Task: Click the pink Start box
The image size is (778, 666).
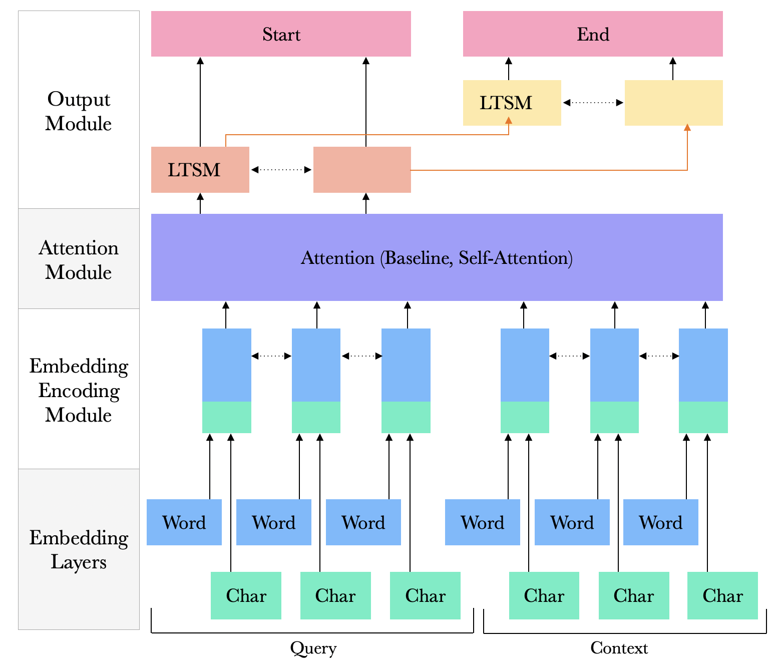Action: click(x=281, y=34)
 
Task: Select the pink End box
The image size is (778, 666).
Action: click(x=593, y=34)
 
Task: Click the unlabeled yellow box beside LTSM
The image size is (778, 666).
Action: click(x=673, y=103)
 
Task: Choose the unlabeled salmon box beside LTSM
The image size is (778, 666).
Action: click(x=362, y=170)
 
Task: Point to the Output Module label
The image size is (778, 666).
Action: click(x=79, y=111)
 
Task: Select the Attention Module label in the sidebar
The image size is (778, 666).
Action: click(x=79, y=260)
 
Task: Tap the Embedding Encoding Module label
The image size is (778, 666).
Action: click(x=79, y=390)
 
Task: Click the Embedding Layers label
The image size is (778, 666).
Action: click(x=79, y=549)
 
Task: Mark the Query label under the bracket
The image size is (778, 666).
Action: click(x=313, y=648)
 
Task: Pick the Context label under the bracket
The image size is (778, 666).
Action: click(x=619, y=648)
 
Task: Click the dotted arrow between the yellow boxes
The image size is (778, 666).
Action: click(x=593, y=103)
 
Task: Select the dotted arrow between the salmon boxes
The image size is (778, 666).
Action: click(x=281, y=170)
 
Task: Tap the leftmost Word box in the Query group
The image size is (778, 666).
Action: click(x=184, y=522)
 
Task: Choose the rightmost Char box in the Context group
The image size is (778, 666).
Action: click(x=722, y=595)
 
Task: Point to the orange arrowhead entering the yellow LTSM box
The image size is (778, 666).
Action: click(x=509, y=121)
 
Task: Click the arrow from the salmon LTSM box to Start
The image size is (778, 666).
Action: click(x=200, y=100)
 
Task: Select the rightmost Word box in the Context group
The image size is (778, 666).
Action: click(x=661, y=522)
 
